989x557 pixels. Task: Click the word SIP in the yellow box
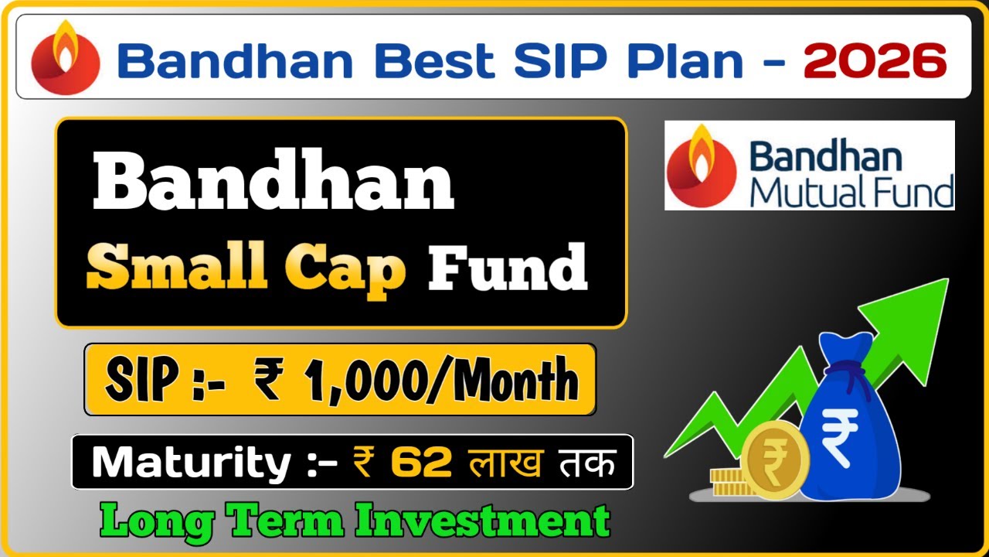pyautogui.click(x=139, y=380)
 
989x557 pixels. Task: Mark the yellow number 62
pyautogui.click(x=421, y=463)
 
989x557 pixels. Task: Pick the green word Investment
pyautogui.click(x=484, y=521)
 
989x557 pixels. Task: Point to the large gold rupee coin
pyautogui.click(x=775, y=463)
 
